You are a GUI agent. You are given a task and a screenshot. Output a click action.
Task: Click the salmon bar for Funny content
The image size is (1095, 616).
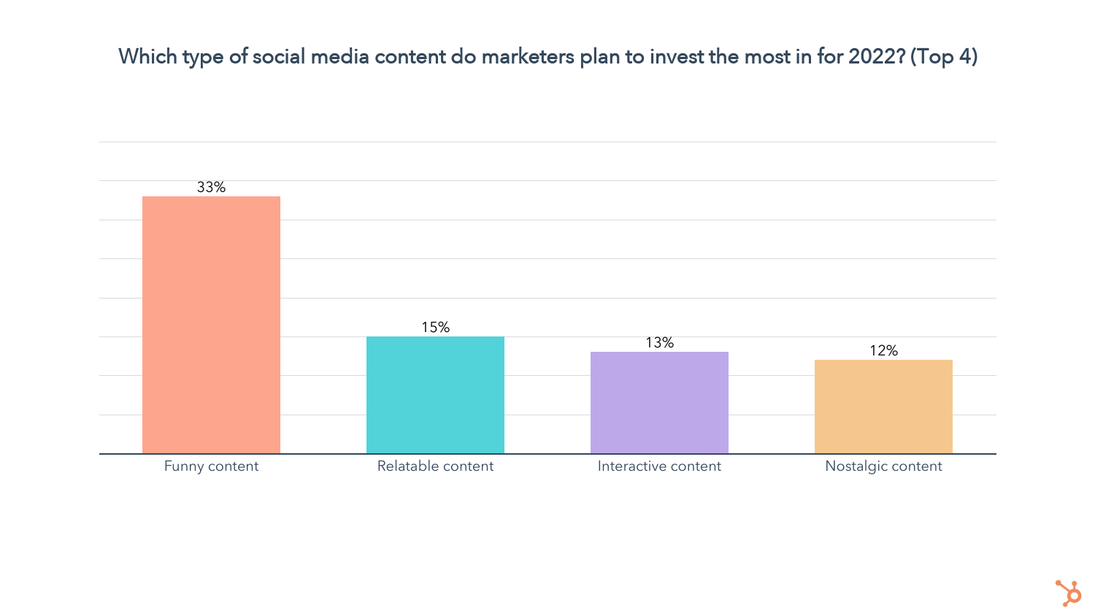pyautogui.click(x=211, y=325)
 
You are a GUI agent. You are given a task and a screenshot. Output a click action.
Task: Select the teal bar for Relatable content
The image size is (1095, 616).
pyautogui.click(x=435, y=395)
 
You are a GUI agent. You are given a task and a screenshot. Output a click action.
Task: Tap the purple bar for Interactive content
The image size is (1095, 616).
pyautogui.click(x=659, y=403)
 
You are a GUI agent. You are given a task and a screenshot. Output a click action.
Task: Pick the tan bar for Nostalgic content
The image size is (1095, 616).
pyautogui.click(x=883, y=407)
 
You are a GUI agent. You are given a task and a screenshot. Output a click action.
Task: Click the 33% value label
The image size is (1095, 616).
pyautogui.click(x=211, y=188)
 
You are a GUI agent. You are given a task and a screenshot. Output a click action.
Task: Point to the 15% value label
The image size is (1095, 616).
pyautogui.click(x=435, y=328)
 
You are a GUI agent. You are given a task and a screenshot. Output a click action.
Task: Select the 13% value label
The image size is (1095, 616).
pyautogui.click(x=659, y=343)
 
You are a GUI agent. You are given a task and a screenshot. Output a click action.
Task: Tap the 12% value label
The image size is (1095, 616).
pyautogui.click(x=883, y=351)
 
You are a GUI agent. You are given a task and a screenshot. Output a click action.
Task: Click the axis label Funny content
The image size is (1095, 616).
pyautogui.click(x=211, y=466)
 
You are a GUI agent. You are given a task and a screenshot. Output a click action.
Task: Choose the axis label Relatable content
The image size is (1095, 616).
pyautogui.click(x=435, y=466)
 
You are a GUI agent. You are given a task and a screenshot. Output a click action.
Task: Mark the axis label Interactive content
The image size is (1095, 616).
pyautogui.click(x=659, y=466)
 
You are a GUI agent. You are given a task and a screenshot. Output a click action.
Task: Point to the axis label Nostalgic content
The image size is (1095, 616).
pyautogui.click(x=883, y=466)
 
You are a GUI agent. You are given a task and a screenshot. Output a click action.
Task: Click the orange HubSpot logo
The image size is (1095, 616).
pyautogui.click(x=1069, y=593)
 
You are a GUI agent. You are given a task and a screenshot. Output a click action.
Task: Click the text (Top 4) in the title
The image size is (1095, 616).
pyautogui.click(x=943, y=56)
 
